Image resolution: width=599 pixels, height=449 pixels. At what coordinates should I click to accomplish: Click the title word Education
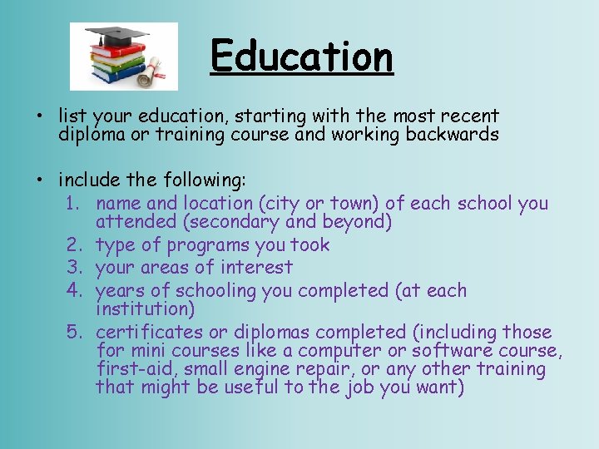pyautogui.click(x=301, y=57)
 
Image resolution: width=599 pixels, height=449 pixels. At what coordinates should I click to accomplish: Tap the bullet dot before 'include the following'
pyautogui.click(x=42, y=180)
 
